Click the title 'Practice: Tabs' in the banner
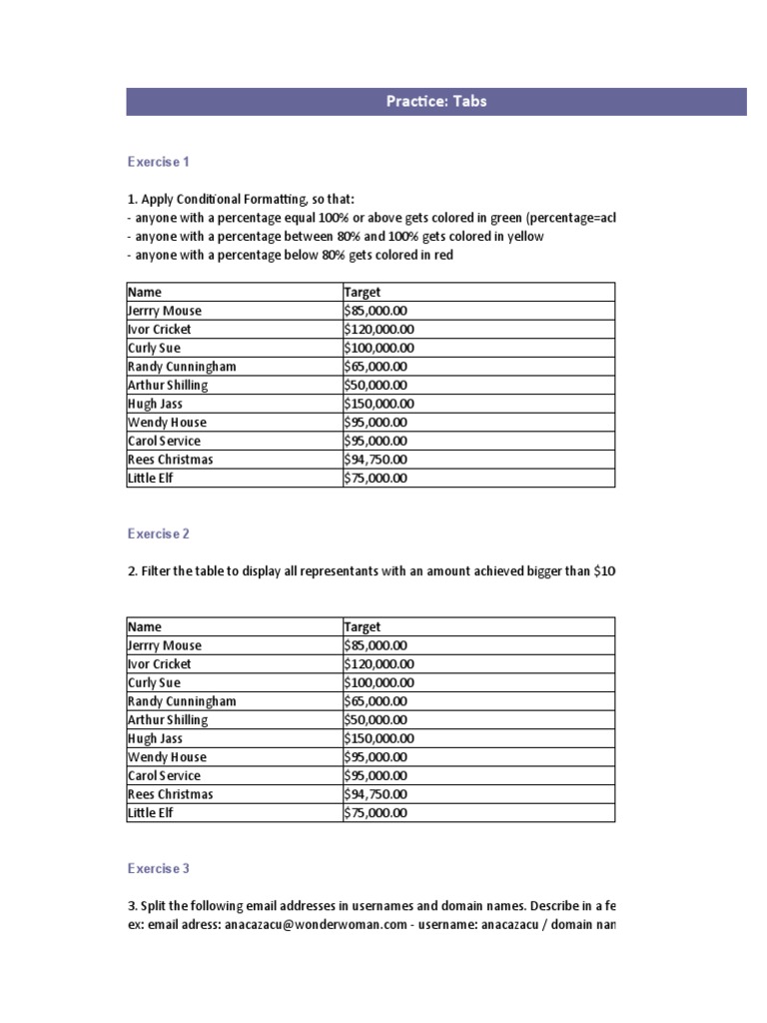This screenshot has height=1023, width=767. (435, 101)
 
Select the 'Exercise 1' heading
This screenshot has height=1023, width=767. (158, 161)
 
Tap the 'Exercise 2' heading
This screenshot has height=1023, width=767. (158, 533)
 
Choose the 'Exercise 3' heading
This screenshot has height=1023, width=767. (158, 868)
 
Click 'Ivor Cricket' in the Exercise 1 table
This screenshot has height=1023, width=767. (160, 329)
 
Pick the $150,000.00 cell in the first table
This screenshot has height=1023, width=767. (379, 404)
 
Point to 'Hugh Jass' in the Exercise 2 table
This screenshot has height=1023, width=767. (155, 738)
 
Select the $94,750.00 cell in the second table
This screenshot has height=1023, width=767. (376, 794)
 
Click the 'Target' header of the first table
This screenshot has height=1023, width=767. (362, 292)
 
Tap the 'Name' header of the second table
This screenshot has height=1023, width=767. (145, 626)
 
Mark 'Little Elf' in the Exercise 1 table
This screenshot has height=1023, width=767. (151, 479)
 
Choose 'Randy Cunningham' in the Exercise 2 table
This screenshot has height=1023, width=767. (182, 701)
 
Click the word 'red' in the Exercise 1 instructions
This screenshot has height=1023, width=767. (443, 255)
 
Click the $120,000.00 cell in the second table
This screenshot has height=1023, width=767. (379, 663)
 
